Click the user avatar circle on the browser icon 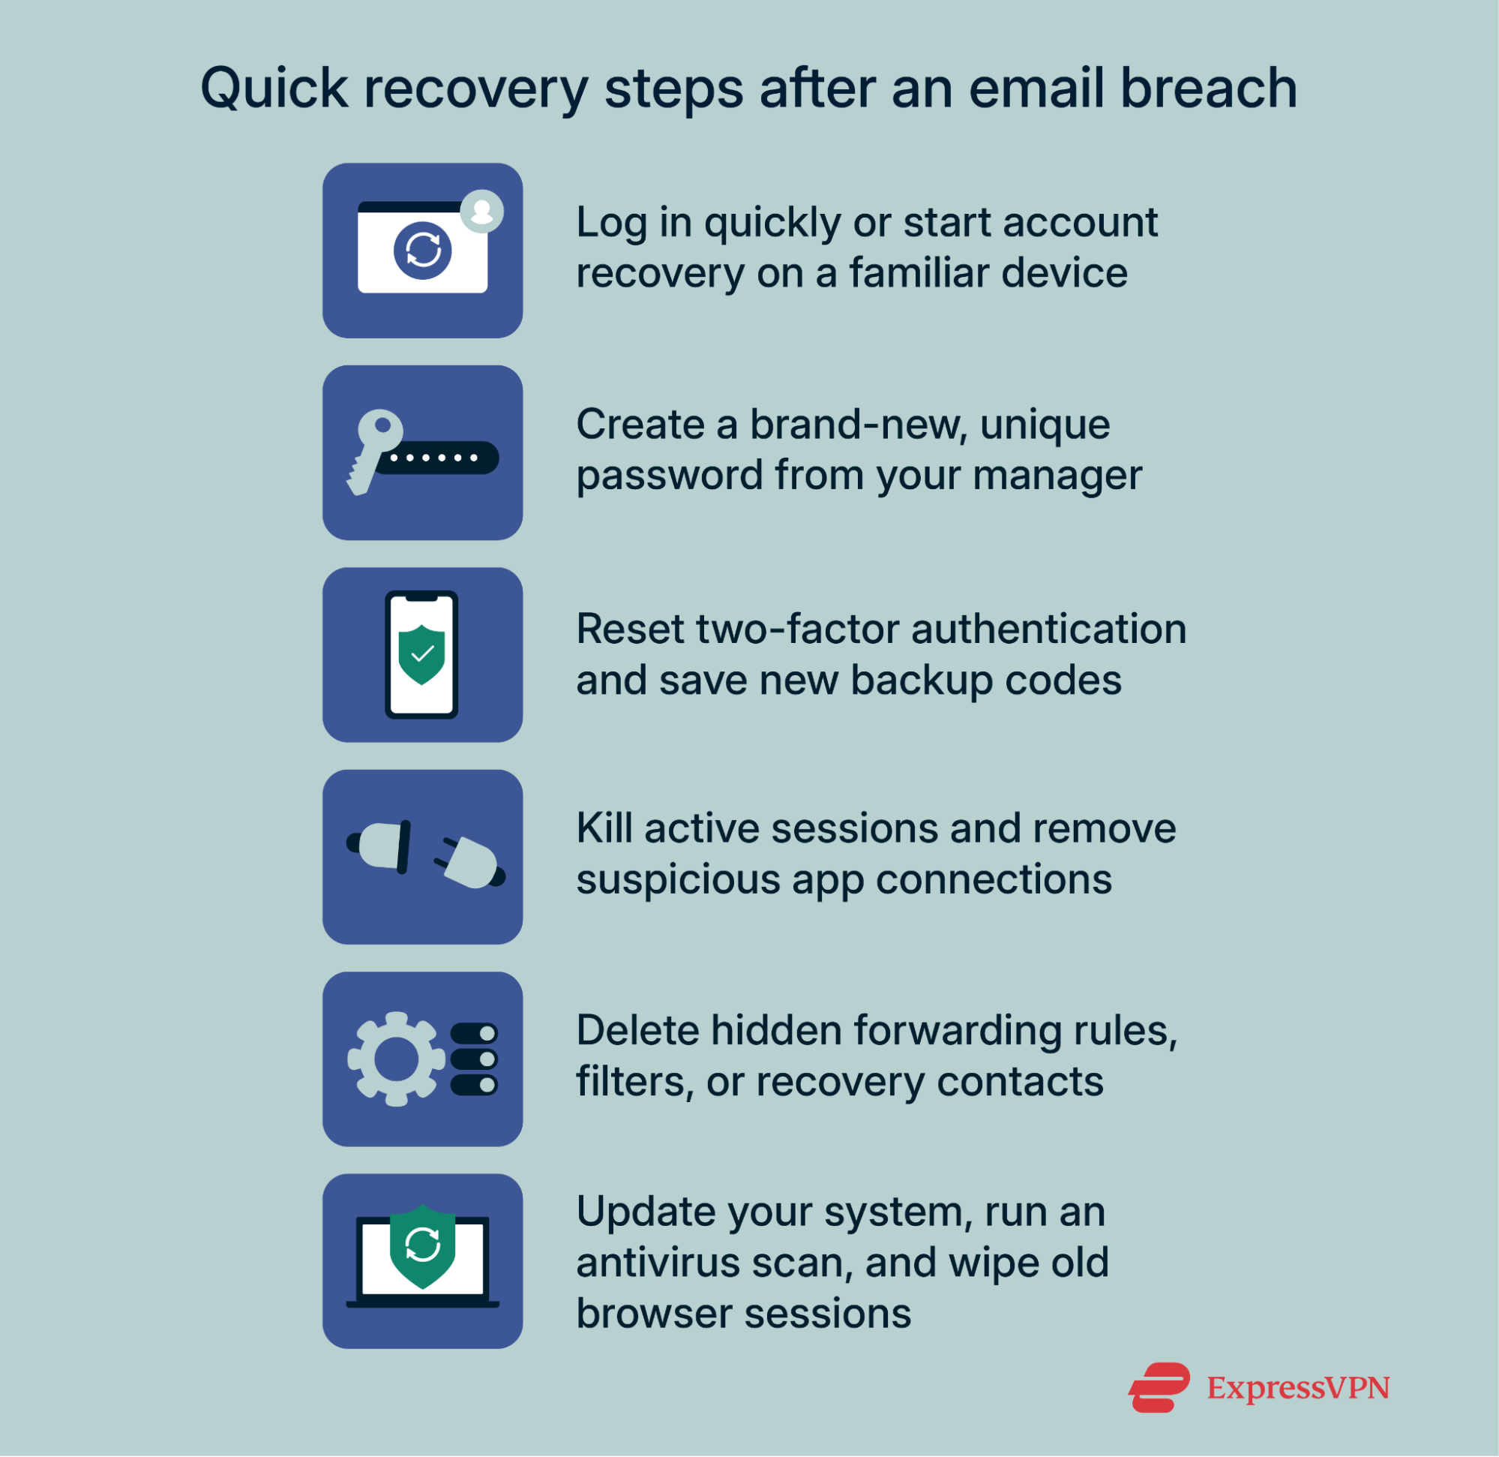point(482,210)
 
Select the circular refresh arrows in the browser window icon point(423,251)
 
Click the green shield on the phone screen point(421,654)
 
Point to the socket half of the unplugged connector point(380,846)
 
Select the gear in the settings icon point(395,1059)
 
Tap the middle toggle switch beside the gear point(474,1059)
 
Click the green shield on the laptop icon point(422,1245)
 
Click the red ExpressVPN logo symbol point(1159,1387)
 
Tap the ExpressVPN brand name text point(1298,1388)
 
